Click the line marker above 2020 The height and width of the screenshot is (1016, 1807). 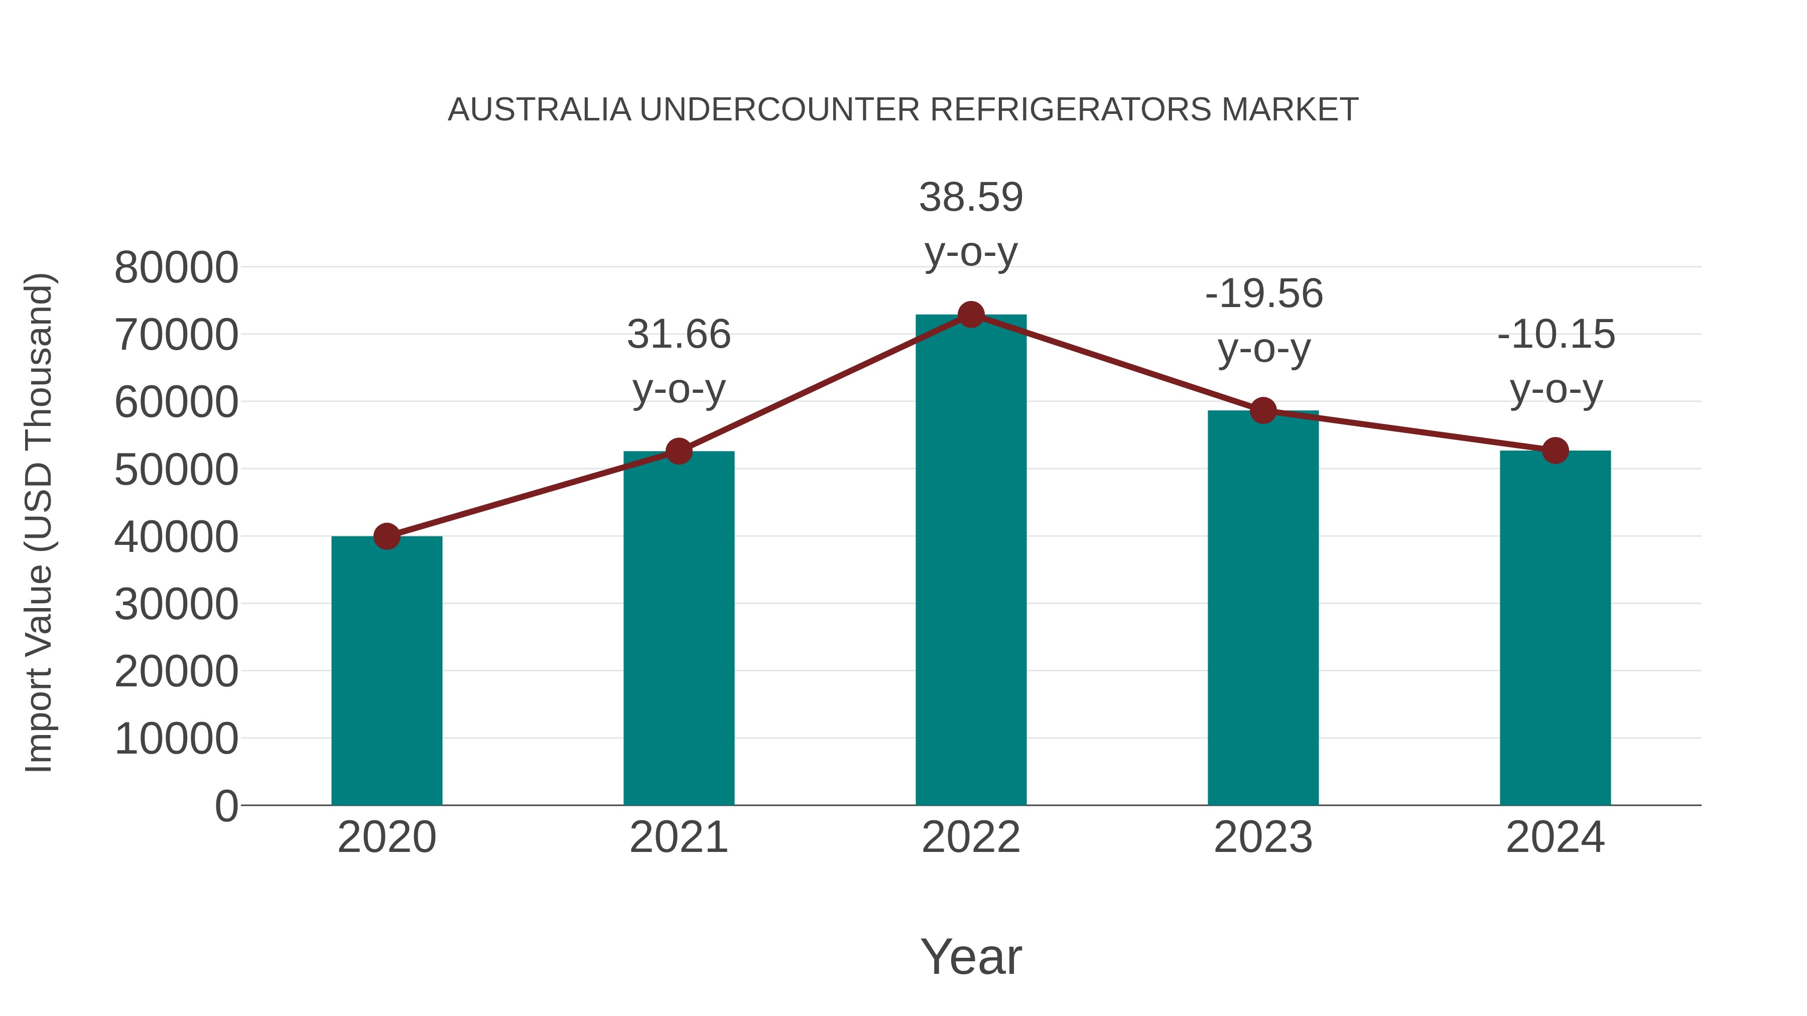coord(386,536)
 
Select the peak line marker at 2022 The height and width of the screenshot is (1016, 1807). coord(971,315)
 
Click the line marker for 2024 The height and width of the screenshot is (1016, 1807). coord(1555,450)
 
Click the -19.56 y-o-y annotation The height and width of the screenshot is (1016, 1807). coord(1263,321)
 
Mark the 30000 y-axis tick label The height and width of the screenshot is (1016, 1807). coord(176,604)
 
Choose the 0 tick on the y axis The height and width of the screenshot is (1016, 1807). coord(226,806)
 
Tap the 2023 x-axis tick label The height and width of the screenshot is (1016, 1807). coord(1263,837)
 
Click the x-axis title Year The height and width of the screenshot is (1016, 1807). coord(971,956)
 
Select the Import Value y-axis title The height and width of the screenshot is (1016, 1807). coord(39,522)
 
